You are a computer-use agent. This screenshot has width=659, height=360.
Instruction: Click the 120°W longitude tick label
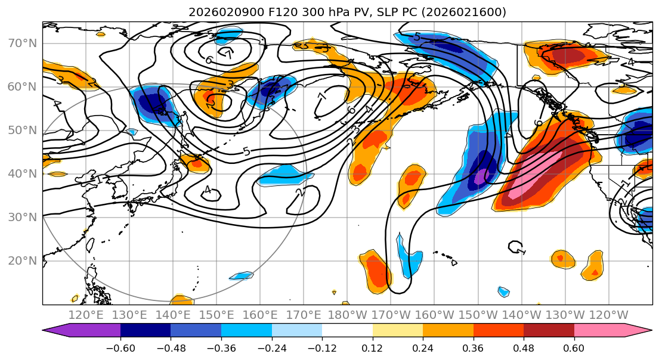608,315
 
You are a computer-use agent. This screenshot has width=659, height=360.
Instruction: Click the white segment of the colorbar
347,331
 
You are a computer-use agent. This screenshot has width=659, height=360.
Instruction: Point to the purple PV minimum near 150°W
481,177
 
